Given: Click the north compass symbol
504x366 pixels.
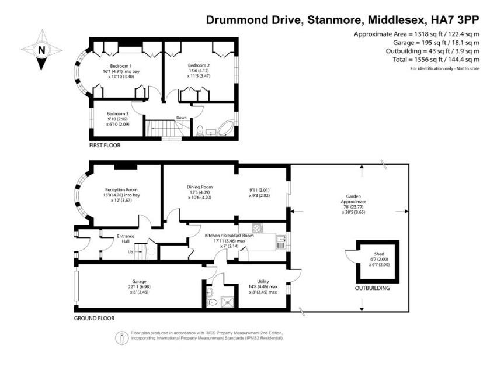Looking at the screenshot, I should [41, 51].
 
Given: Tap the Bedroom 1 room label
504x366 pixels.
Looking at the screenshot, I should [121, 66].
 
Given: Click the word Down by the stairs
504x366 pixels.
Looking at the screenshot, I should [182, 118].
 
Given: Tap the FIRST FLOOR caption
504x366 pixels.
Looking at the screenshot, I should [105, 145].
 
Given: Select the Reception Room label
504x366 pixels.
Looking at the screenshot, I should [121, 189].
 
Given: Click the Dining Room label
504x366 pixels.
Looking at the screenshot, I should [197, 187].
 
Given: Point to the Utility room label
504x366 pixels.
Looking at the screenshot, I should [263, 281].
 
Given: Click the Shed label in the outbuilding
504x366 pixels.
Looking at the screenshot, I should [379, 259].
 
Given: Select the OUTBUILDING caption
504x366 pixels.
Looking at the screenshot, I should [373, 288].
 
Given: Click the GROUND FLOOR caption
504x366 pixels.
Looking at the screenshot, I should [94, 319].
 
